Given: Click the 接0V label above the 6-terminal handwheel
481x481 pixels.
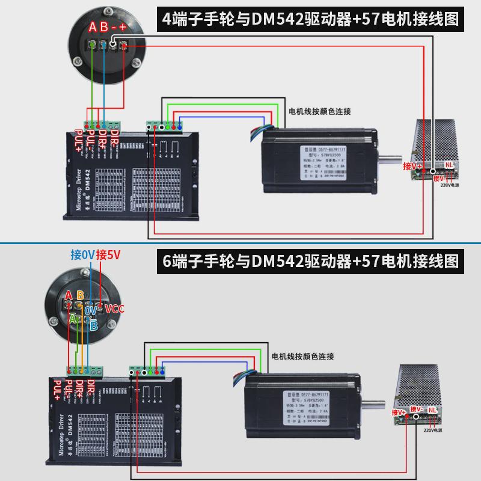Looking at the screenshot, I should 82,254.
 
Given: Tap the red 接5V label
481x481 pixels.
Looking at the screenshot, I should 109,254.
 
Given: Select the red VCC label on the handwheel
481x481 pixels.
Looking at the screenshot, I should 114,309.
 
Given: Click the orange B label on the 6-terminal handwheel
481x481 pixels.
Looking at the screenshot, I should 80,295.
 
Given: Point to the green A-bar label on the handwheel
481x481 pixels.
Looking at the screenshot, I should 72,319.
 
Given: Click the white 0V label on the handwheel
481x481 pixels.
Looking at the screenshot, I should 91,310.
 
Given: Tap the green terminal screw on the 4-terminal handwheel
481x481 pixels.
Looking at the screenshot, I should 92,45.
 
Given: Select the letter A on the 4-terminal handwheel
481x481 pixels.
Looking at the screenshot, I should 93,26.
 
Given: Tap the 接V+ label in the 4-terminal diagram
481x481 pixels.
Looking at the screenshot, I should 412,166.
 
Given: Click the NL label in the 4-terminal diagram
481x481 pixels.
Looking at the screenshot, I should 449,164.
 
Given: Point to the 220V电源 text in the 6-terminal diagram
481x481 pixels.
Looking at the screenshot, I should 433,430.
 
